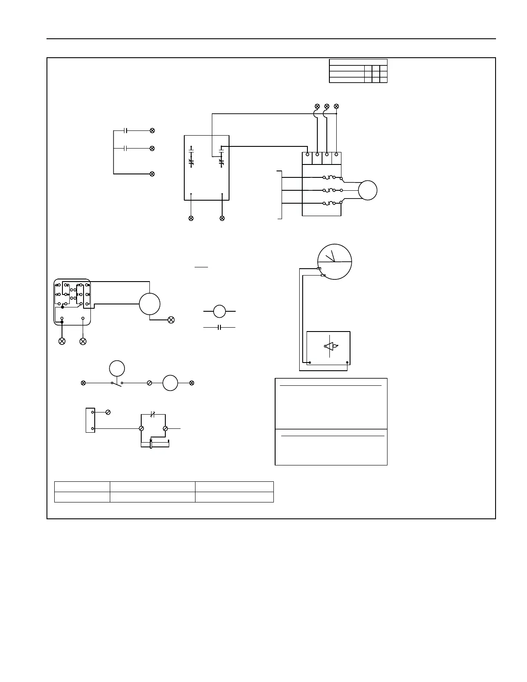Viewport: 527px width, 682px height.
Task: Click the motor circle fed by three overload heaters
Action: click(368, 190)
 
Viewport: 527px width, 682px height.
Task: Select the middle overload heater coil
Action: click(330, 190)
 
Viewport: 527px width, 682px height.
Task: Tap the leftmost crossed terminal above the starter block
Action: click(317, 106)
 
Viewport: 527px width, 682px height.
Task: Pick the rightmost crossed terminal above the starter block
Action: click(336, 106)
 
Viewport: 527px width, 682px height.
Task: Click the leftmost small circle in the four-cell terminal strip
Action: click(307, 154)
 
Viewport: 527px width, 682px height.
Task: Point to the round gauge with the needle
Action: click(335, 262)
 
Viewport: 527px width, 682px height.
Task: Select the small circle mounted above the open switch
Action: click(117, 369)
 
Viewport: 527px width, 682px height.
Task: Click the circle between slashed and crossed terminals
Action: click(170, 383)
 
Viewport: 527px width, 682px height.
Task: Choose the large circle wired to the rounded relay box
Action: click(150, 304)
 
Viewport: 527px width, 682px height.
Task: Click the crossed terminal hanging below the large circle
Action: click(171, 320)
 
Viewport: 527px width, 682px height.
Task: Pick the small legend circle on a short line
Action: click(220, 310)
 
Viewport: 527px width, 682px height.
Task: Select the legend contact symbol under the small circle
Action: click(220, 328)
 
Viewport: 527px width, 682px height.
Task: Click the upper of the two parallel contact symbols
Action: click(125, 130)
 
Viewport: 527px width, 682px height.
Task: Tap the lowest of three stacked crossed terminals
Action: click(152, 174)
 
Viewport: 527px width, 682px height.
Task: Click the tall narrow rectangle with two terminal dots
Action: click(90, 420)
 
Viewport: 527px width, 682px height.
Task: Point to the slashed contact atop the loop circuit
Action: click(152, 414)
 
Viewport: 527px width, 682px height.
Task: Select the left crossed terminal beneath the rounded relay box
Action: click(62, 341)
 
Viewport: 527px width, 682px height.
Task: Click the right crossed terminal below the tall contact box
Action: click(222, 218)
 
